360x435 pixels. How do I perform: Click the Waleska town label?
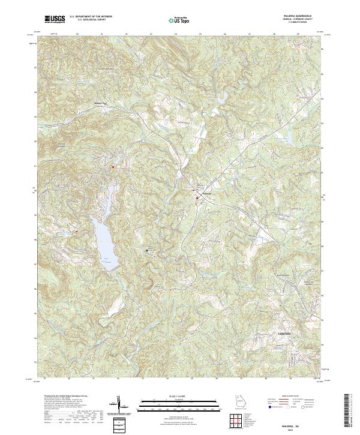pos(206,193)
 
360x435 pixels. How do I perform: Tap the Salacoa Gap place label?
pos(98,103)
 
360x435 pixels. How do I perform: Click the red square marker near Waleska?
pos(196,197)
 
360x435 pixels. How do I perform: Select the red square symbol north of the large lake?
pos(112,167)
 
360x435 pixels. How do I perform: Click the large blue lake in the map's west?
pos(105,240)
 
